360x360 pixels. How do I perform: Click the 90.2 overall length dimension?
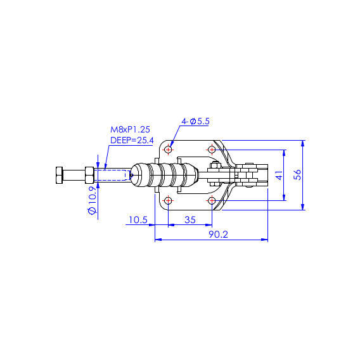click(x=218, y=235)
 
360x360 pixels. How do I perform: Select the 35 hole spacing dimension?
click(x=190, y=220)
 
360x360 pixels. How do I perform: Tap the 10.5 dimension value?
click(x=138, y=220)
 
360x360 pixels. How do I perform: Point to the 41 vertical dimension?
click(x=279, y=175)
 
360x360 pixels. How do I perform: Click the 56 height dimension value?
click(x=297, y=175)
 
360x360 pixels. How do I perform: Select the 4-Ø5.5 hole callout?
click(x=196, y=121)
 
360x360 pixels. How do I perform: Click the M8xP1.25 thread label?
click(x=130, y=130)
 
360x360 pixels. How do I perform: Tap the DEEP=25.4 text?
click(x=132, y=140)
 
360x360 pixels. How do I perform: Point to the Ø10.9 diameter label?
click(x=93, y=200)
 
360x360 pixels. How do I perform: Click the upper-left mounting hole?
click(x=168, y=150)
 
